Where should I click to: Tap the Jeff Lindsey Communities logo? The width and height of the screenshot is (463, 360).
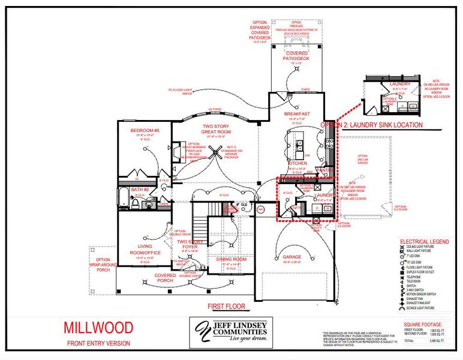[x=231, y=331]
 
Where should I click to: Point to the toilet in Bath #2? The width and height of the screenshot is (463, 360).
[x=137, y=204]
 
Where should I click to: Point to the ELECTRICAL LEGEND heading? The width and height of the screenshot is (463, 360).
[x=423, y=241]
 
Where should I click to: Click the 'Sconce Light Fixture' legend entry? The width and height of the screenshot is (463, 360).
[x=425, y=308]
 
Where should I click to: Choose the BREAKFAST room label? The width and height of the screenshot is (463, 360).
[x=296, y=113]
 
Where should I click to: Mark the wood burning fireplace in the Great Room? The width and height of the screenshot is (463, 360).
[x=178, y=152]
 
